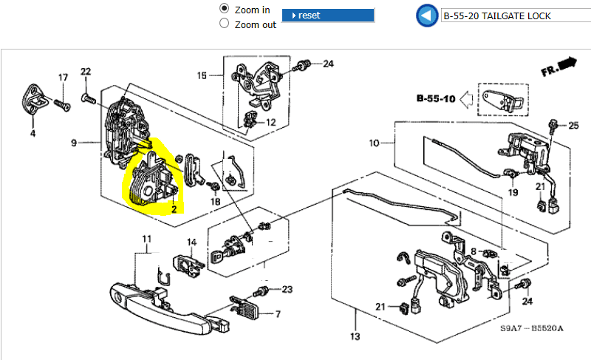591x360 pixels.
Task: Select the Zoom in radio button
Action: pyautogui.click(x=225, y=9)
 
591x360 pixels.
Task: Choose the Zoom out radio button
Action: pyautogui.click(x=225, y=24)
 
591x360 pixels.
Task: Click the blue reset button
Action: pyautogui.click(x=328, y=16)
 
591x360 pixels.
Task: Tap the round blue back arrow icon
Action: pyautogui.click(x=426, y=16)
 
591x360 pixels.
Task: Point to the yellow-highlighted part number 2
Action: pyautogui.click(x=174, y=209)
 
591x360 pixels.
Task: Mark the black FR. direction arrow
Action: pyautogui.click(x=567, y=64)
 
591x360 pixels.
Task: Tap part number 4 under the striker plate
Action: pyautogui.click(x=33, y=134)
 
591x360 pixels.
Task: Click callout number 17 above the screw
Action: pyautogui.click(x=63, y=77)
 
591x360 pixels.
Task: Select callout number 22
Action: pyautogui.click(x=86, y=72)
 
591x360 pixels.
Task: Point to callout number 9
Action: pyautogui.click(x=74, y=141)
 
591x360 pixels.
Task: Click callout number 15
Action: pyautogui.click(x=202, y=75)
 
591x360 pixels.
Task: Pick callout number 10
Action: pyautogui.click(x=374, y=142)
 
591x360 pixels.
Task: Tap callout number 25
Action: pyautogui.click(x=573, y=126)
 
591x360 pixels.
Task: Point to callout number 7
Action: pyautogui.click(x=278, y=314)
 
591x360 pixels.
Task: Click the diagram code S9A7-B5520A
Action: pyautogui.click(x=531, y=328)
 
